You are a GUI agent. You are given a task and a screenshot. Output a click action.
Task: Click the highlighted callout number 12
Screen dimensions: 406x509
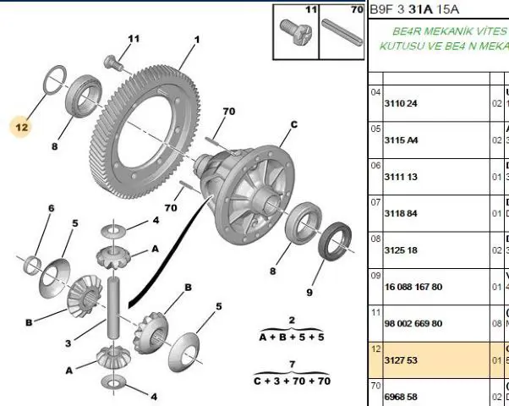point(21,127)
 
